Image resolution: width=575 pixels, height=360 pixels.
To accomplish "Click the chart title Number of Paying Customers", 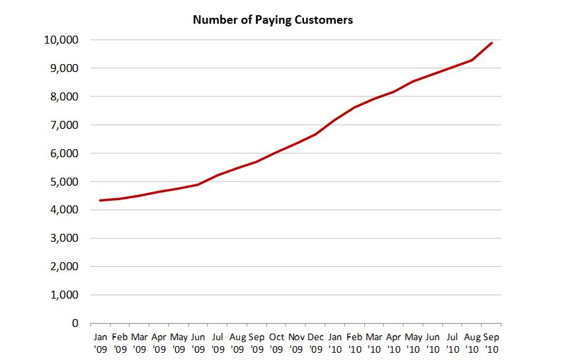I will [x=272, y=20].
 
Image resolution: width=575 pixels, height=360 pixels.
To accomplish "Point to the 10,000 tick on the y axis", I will [x=60, y=40].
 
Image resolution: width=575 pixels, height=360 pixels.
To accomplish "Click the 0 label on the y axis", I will [x=75, y=324].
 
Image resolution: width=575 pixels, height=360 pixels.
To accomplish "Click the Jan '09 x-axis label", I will [x=100, y=342].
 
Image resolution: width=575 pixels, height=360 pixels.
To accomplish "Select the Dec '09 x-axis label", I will [x=316, y=342].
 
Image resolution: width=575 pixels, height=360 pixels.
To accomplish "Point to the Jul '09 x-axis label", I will [x=218, y=342].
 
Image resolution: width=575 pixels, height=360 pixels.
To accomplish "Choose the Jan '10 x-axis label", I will [x=336, y=342].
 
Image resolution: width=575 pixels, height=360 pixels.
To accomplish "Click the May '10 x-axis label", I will [x=414, y=342].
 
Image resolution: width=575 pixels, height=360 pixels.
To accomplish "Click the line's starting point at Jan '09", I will [x=100, y=200].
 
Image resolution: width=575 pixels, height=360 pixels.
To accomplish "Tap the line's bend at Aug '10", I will [x=472, y=60].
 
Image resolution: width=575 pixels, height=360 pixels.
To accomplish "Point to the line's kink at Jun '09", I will [x=198, y=184].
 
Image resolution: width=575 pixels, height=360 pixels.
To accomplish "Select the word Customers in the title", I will [x=324, y=20].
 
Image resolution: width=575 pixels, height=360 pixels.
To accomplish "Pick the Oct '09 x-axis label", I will [x=277, y=342].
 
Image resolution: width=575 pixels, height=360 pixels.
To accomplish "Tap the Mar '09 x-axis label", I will [x=139, y=342].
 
